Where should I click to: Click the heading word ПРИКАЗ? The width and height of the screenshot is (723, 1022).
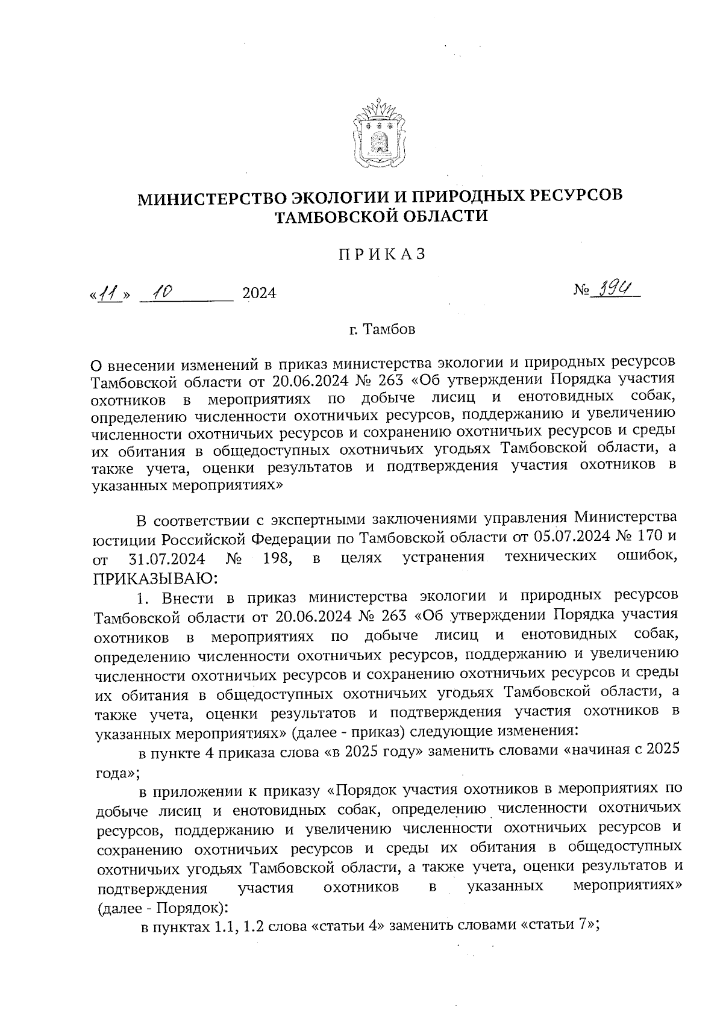pyautogui.click(x=381, y=255)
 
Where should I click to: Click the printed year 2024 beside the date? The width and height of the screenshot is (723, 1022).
pyautogui.click(x=258, y=294)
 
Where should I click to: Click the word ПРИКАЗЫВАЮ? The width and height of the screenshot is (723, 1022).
pyautogui.click(x=154, y=579)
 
